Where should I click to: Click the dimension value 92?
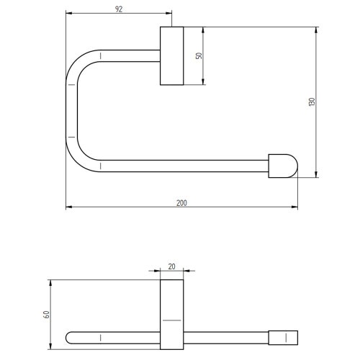pos(119,8)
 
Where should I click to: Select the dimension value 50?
pos(199,55)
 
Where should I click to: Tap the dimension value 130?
pos(312,102)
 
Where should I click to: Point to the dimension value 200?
pos(181,202)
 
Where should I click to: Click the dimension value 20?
pos(171,266)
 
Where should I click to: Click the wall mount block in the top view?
pos(171,56)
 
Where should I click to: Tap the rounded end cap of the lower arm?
pos(283,166)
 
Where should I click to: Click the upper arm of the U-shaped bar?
pos(130,55)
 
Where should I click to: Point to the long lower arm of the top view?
pos(184,166)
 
